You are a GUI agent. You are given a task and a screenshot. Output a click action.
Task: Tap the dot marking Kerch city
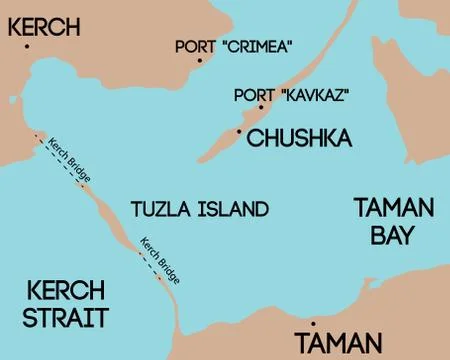[29, 46]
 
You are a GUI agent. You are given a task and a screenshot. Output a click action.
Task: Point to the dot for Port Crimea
[199, 61]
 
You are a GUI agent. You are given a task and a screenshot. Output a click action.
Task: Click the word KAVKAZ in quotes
[302, 95]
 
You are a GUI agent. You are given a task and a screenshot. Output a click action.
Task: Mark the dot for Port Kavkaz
[260, 107]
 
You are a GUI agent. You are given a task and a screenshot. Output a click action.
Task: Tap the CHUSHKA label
[297, 136]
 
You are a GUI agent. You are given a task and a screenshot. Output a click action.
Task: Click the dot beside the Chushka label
[239, 129]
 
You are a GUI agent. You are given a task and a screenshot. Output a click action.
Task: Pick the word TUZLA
[161, 210]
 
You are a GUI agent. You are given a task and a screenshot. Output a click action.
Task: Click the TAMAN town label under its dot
[338, 343]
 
